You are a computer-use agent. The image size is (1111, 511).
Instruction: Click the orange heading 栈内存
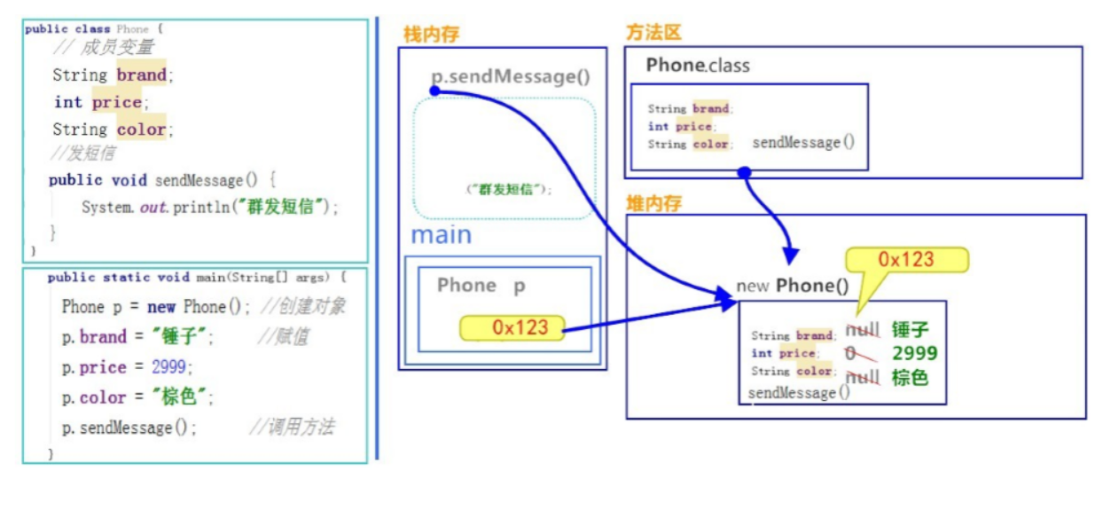pyautogui.click(x=432, y=34)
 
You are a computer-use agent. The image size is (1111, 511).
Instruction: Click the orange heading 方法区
pyautogui.click(x=653, y=32)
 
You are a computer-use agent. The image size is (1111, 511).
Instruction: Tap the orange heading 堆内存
pyautogui.click(x=654, y=203)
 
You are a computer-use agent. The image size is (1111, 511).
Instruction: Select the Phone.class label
pyautogui.click(x=698, y=65)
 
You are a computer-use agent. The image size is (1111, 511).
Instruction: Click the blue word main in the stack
pyautogui.click(x=442, y=235)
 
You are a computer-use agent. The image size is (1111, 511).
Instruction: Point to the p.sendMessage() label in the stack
pyautogui.click(x=511, y=76)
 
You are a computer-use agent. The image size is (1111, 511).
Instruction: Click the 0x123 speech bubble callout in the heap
pyautogui.click(x=907, y=259)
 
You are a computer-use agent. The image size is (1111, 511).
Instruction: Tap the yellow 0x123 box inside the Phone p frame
pyautogui.click(x=512, y=328)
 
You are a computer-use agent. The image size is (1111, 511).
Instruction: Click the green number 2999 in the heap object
pyautogui.click(x=915, y=353)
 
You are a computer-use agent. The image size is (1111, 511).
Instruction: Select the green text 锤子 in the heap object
pyautogui.click(x=910, y=329)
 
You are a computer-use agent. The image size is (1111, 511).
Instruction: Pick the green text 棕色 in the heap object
pyautogui.click(x=910, y=378)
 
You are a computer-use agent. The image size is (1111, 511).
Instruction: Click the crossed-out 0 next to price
pyautogui.click(x=851, y=353)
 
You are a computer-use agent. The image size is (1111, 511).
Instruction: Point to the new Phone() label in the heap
pyautogui.click(x=793, y=286)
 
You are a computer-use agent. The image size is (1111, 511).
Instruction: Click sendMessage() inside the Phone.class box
pyautogui.click(x=803, y=143)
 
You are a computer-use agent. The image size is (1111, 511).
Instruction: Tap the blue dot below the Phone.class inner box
pyautogui.click(x=744, y=172)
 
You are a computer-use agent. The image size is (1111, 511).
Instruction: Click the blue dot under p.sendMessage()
pyautogui.click(x=435, y=90)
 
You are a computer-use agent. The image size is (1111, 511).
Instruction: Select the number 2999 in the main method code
pyautogui.click(x=168, y=367)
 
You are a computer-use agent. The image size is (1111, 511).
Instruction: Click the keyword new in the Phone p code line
pyautogui.click(x=161, y=307)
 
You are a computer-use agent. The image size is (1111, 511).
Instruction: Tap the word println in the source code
pyautogui.click(x=201, y=207)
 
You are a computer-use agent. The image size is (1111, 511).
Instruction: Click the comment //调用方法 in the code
pyautogui.click(x=292, y=427)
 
